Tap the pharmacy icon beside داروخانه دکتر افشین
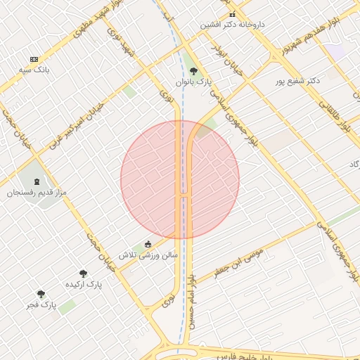coord(232,14)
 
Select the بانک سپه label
coord(34,70)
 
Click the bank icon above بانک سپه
coord(34,60)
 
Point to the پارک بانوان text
coord(193,82)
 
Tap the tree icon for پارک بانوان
coord(193,71)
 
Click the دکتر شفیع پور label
coord(297,81)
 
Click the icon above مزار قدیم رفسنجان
coord(37,181)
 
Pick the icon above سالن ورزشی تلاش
coord(148,244)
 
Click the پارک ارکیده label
coord(84,284)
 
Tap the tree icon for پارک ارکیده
coord(83,274)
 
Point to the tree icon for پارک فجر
coord(41,294)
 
